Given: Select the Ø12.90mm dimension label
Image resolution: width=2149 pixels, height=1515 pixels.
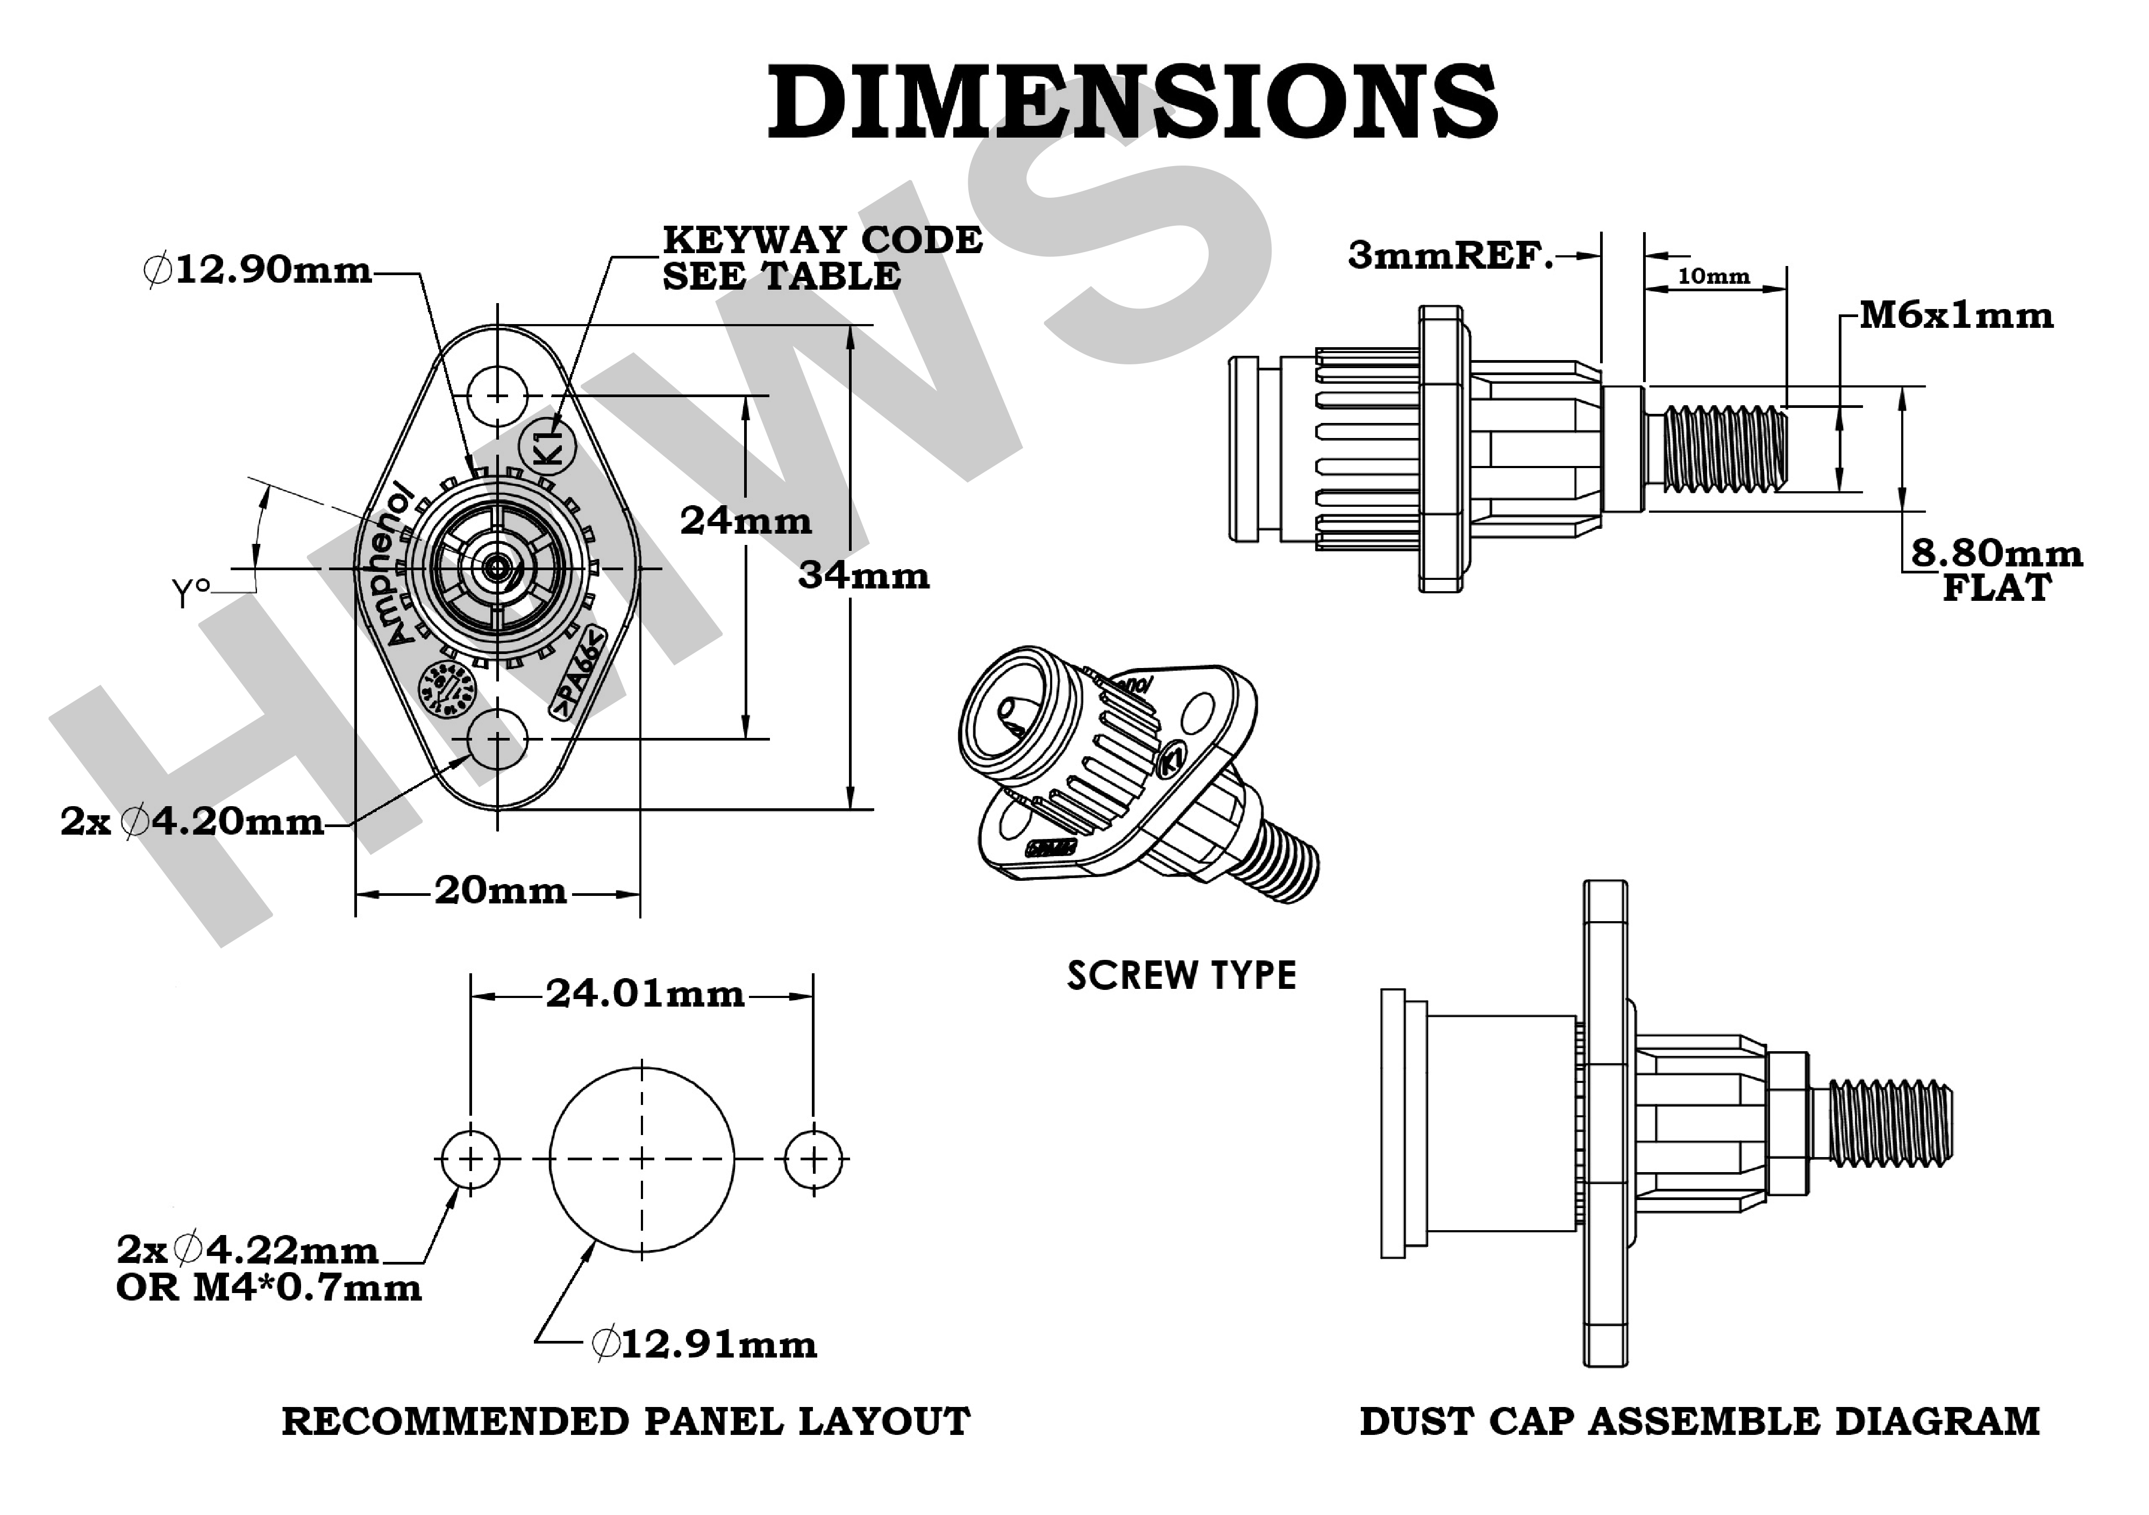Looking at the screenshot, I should [x=258, y=270].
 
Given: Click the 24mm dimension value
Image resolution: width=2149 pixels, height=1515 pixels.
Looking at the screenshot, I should [x=746, y=520].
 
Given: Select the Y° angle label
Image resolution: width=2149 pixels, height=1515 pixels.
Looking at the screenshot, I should [x=190, y=591].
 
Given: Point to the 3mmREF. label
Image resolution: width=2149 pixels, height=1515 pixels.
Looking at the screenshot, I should [x=1450, y=255].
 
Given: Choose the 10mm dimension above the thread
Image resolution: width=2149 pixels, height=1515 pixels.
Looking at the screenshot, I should [x=1714, y=276].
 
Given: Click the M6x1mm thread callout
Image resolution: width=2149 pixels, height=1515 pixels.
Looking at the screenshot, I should [x=1956, y=315].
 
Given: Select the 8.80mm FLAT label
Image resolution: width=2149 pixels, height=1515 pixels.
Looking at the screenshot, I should [x=1996, y=570].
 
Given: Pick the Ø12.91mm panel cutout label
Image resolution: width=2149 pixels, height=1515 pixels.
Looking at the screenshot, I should [x=704, y=1345].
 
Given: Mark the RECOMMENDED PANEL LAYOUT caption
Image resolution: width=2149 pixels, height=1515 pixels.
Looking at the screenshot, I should [x=625, y=1421].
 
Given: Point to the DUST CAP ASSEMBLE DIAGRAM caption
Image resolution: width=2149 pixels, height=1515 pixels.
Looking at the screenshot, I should [x=1699, y=1421].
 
